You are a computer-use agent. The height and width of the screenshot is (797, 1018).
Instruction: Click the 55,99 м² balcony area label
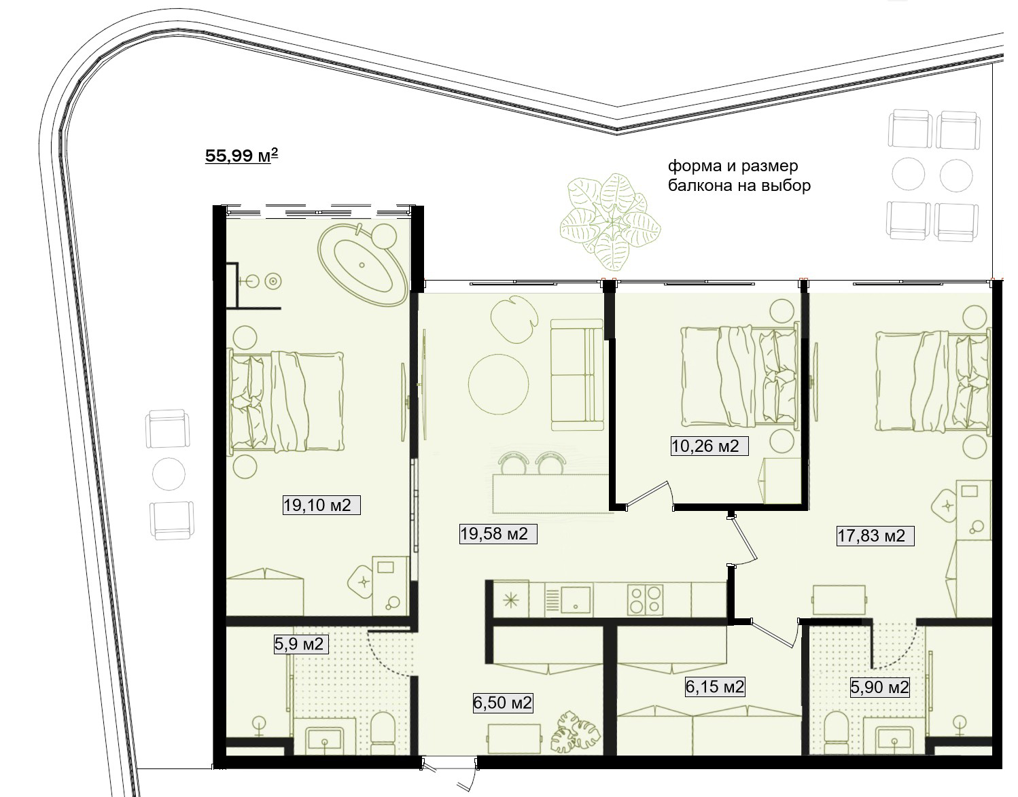(241, 156)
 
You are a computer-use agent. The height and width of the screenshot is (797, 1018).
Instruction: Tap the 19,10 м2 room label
(317, 506)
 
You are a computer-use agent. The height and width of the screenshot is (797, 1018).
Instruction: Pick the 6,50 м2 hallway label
(503, 703)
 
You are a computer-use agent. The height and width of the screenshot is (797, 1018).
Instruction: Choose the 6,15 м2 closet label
(715, 686)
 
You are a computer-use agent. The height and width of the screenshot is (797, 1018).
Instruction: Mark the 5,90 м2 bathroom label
(880, 687)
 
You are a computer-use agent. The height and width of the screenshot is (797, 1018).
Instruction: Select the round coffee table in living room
(498, 384)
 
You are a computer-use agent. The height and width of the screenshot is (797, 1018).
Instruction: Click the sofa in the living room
(577, 374)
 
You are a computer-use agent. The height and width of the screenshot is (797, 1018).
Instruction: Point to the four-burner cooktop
(646, 600)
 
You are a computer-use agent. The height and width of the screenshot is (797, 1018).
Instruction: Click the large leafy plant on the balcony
(610, 222)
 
